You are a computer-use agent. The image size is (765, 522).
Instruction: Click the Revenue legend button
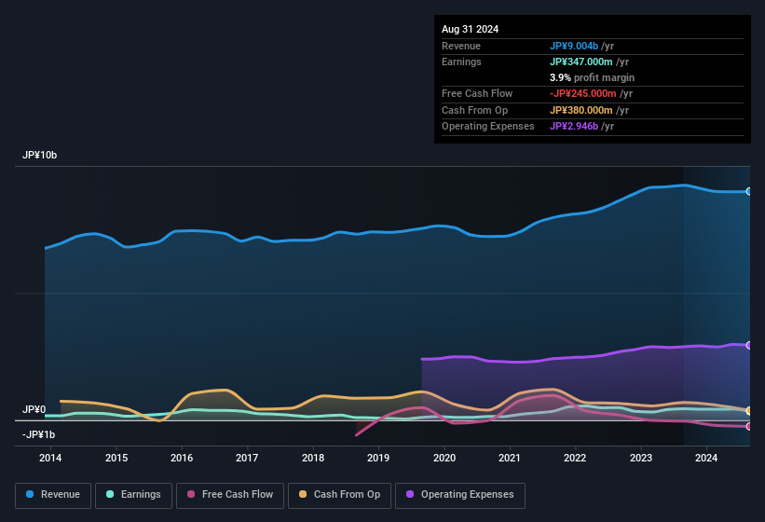(53, 495)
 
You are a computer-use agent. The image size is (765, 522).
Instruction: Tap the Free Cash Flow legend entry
(229, 495)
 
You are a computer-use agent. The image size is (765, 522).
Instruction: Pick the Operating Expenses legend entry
(459, 495)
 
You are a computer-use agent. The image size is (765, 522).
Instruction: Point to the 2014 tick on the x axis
(50, 458)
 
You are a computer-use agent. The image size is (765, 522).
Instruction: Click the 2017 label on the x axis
(247, 458)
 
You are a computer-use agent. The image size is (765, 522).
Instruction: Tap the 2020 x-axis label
(444, 458)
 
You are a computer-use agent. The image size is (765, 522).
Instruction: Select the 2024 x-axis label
(706, 458)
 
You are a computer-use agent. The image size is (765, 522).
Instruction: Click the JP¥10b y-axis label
(40, 156)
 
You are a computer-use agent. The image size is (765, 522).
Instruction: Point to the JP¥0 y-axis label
(34, 409)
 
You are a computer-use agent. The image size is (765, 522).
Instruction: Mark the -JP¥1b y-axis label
(39, 434)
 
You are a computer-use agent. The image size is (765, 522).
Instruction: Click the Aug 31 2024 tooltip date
(470, 29)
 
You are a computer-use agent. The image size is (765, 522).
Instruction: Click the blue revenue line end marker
(749, 191)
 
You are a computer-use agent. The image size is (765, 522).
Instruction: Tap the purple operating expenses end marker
(749, 345)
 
